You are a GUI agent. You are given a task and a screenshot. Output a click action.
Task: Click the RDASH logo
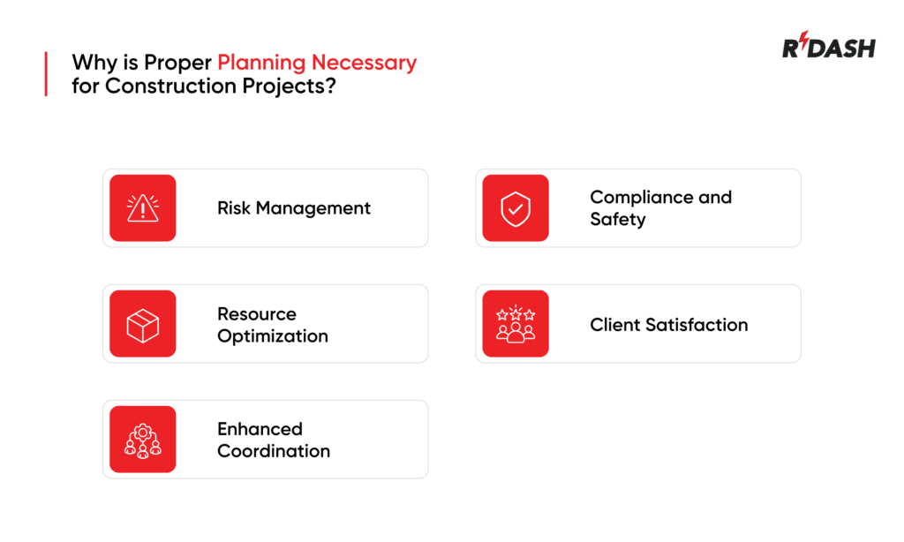tap(828, 47)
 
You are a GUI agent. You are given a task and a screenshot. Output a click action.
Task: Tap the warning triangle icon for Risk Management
tap(143, 208)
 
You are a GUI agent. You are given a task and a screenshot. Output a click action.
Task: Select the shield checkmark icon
tap(516, 208)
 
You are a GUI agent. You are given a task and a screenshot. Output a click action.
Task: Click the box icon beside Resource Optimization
tap(143, 324)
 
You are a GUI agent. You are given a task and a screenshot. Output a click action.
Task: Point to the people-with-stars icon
tap(516, 324)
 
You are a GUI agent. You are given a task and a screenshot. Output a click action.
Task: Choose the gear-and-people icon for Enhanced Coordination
tap(143, 440)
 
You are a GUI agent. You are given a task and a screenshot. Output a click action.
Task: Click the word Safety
tap(618, 219)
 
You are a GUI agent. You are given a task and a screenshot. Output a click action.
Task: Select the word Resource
tap(257, 313)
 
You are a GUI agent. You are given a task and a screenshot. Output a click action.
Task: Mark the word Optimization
tap(273, 336)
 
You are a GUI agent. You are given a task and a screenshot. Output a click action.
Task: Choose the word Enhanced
tap(260, 429)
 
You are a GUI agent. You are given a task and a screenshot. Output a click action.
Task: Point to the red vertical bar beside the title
tap(45, 74)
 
